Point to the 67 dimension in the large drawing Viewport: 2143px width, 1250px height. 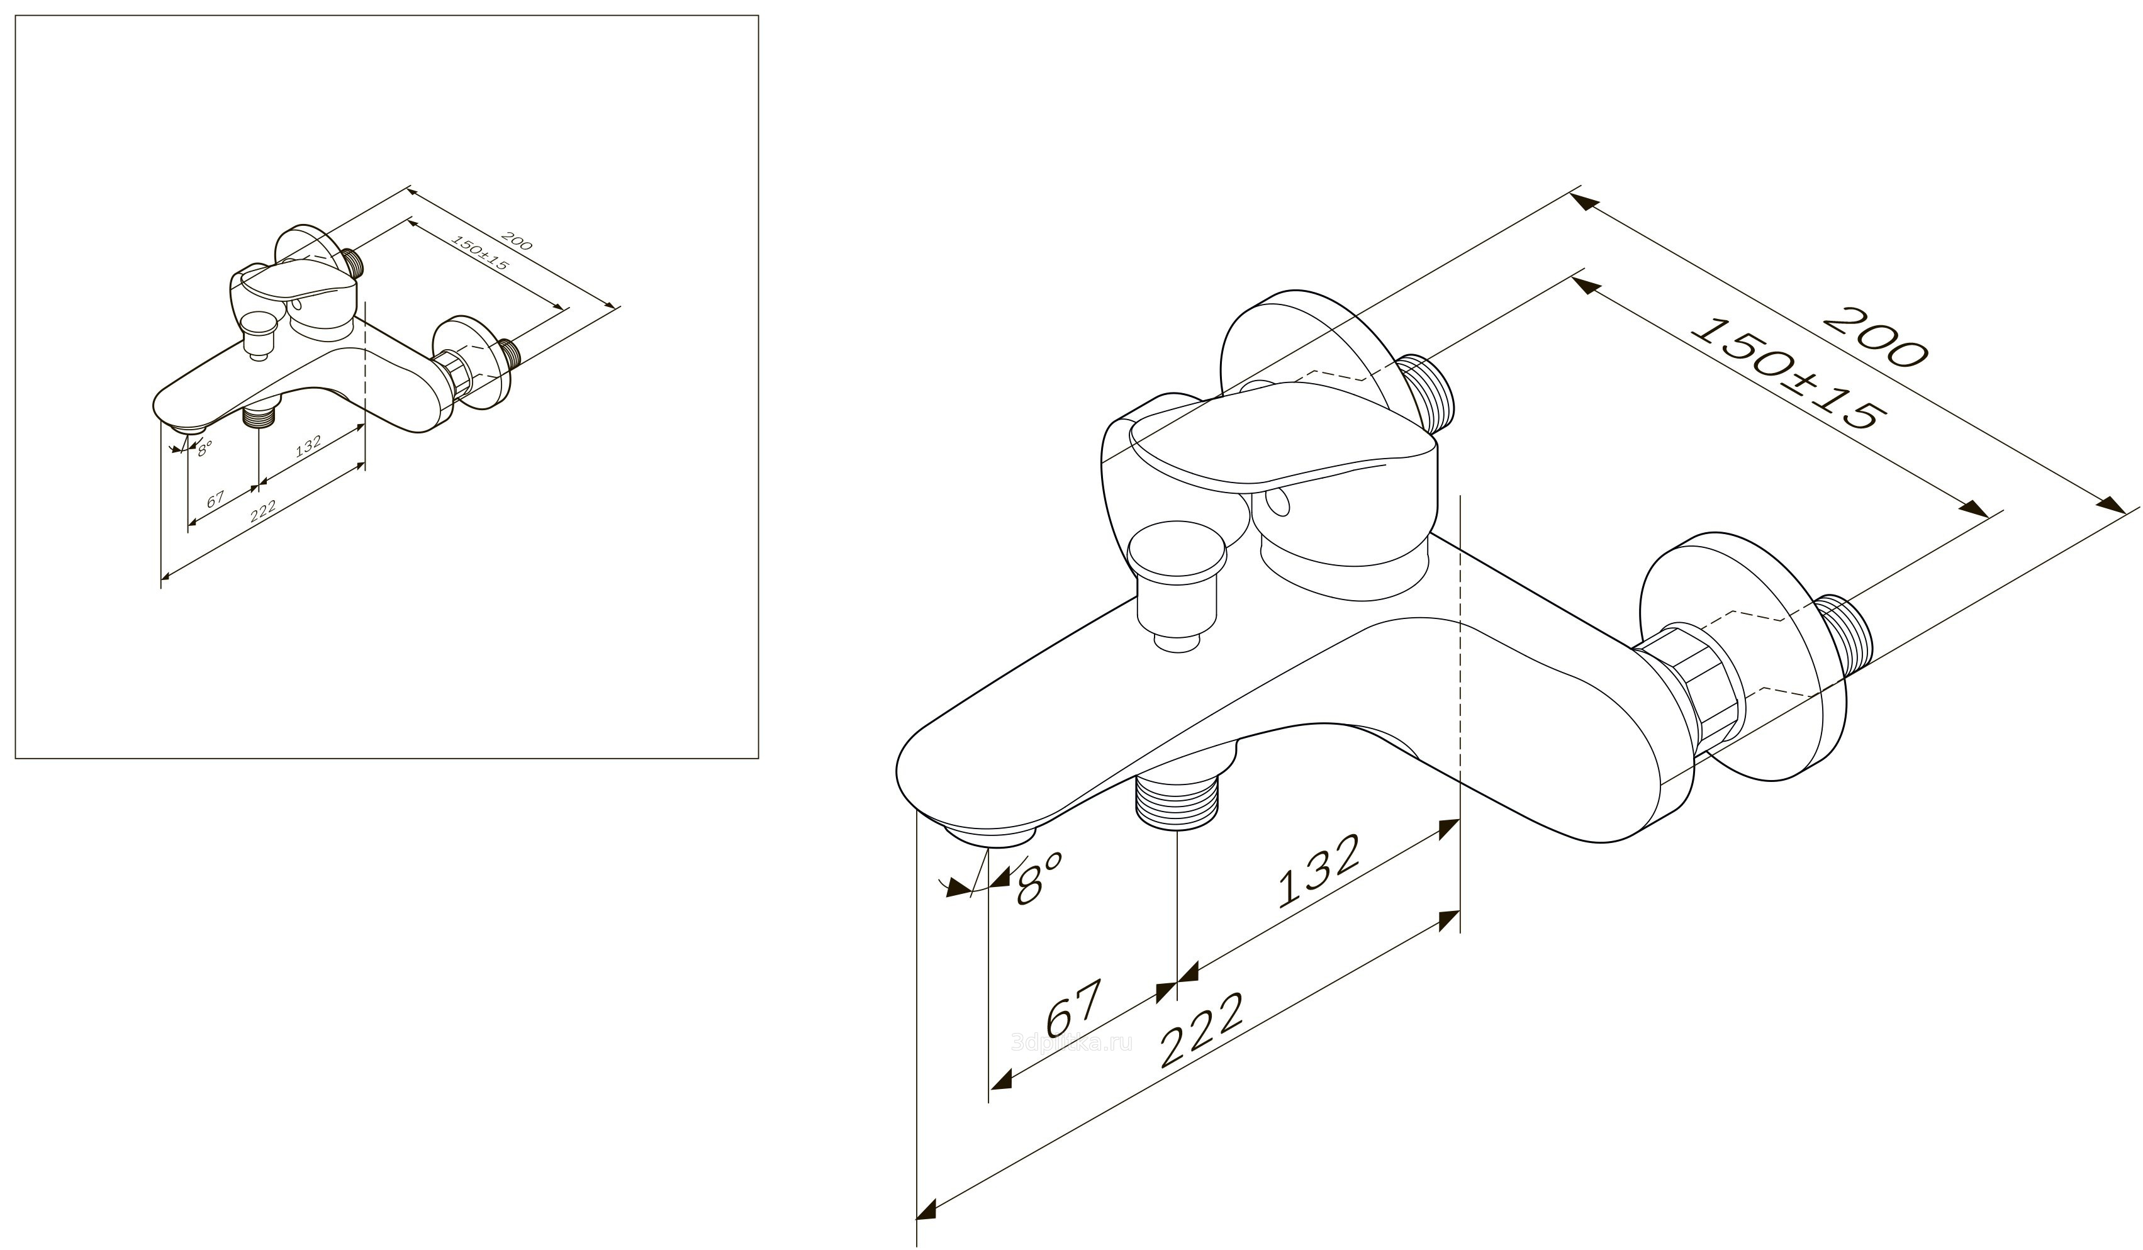tap(1074, 1008)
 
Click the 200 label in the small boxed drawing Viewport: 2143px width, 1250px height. tap(516, 241)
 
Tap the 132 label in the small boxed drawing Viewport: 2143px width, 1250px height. tap(307, 447)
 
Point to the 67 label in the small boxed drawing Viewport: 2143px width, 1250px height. tap(215, 498)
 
